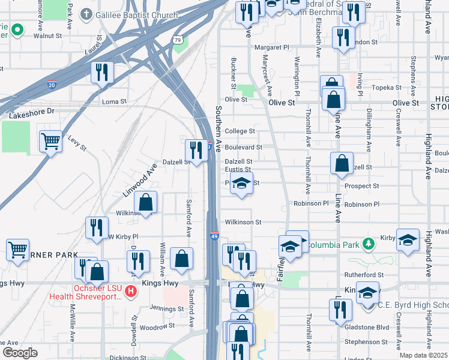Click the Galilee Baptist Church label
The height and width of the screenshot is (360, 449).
coord(133,13)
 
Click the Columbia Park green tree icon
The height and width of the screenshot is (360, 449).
coord(370,244)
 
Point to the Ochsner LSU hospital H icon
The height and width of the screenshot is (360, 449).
coord(133,293)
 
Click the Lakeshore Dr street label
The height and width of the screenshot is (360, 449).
coord(31,112)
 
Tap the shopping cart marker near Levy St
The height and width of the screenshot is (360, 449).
coord(50,142)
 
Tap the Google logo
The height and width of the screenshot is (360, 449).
coord(19,353)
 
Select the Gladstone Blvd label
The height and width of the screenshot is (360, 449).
coord(373,328)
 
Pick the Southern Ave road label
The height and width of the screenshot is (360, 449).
coord(219,130)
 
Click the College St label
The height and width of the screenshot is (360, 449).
coord(240,131)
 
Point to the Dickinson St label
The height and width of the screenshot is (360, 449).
coord(124,358)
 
